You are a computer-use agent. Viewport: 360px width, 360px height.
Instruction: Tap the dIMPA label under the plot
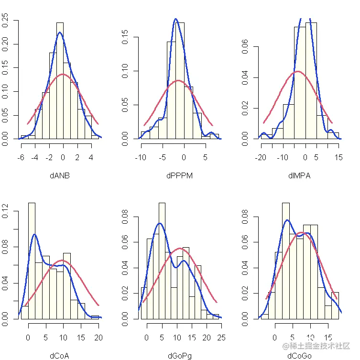click(x=299, y=175)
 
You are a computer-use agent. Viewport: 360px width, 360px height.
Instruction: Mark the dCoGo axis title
click(x=299, y=355)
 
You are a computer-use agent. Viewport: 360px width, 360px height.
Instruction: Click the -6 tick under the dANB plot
click(x=21, y=157)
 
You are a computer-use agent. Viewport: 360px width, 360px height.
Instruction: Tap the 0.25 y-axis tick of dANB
click(x=6, y=21)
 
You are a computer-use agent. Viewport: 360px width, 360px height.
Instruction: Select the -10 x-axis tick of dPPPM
click(x=141, y=157)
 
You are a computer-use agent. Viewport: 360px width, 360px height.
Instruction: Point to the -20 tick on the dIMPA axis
click(x=261, y=157)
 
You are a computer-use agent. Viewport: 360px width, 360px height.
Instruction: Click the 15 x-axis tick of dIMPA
click(x=339, y=157)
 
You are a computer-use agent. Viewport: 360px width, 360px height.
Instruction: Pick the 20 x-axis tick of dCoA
click(x=99, y=338)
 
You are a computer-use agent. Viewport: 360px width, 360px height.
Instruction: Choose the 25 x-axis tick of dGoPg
click(x=221, y=338)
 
